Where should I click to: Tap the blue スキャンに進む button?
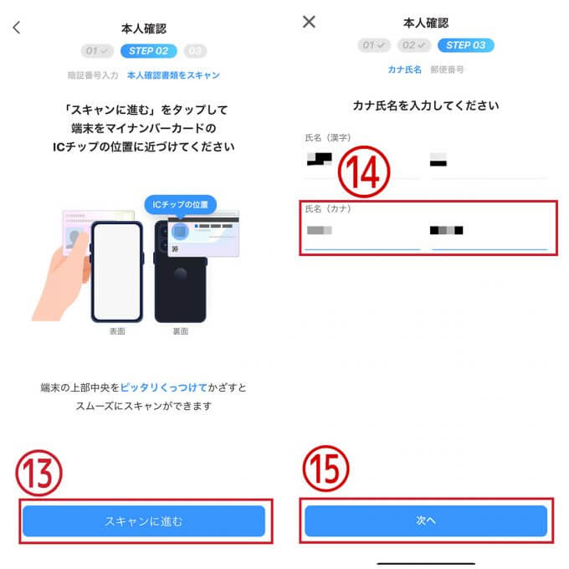(143, 520)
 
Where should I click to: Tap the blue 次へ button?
(426, 520)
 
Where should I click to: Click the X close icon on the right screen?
(309, 22)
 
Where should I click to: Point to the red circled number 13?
(40, 474)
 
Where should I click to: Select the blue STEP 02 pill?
(149, 51)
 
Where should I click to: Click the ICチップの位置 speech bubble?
(180, 203)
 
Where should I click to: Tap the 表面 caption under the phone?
(116, 331)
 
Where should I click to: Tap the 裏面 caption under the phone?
(180, 331)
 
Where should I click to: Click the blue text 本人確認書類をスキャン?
(173, 74)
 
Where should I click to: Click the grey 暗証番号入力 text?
(93, 74)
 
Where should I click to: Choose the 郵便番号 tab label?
(448, 69)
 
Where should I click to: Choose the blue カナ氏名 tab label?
(404, 69)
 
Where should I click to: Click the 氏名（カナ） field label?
(329, 209)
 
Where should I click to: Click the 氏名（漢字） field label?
(329, 136)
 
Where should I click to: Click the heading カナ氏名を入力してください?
(426, 105)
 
